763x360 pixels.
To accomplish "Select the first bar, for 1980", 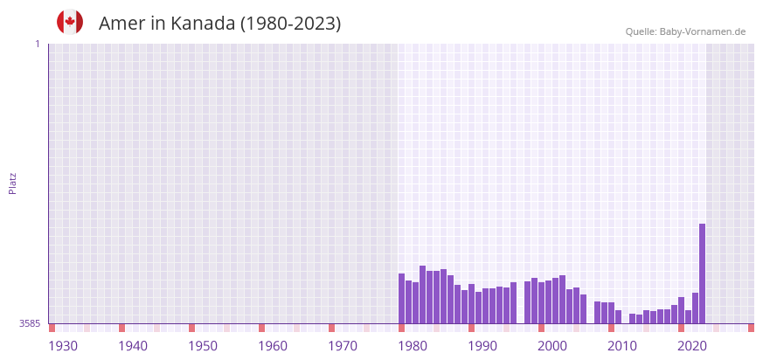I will [402, 298].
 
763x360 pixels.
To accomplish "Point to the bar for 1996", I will [513, 302].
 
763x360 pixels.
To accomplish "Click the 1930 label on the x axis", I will [63, 346].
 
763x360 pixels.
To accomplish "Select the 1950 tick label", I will [203, 346].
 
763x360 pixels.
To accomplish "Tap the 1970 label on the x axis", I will [343, 346].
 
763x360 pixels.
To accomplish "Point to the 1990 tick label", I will [482, 346].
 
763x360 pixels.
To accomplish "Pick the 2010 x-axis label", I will [622, 346].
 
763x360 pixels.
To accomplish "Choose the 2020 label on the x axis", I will [692, 346].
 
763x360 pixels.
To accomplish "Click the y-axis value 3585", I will [29, 323].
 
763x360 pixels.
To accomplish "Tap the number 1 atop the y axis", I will [37, 44].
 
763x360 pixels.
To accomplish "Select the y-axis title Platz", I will [13, 183].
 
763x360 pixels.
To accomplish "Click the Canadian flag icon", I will [70, 22].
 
